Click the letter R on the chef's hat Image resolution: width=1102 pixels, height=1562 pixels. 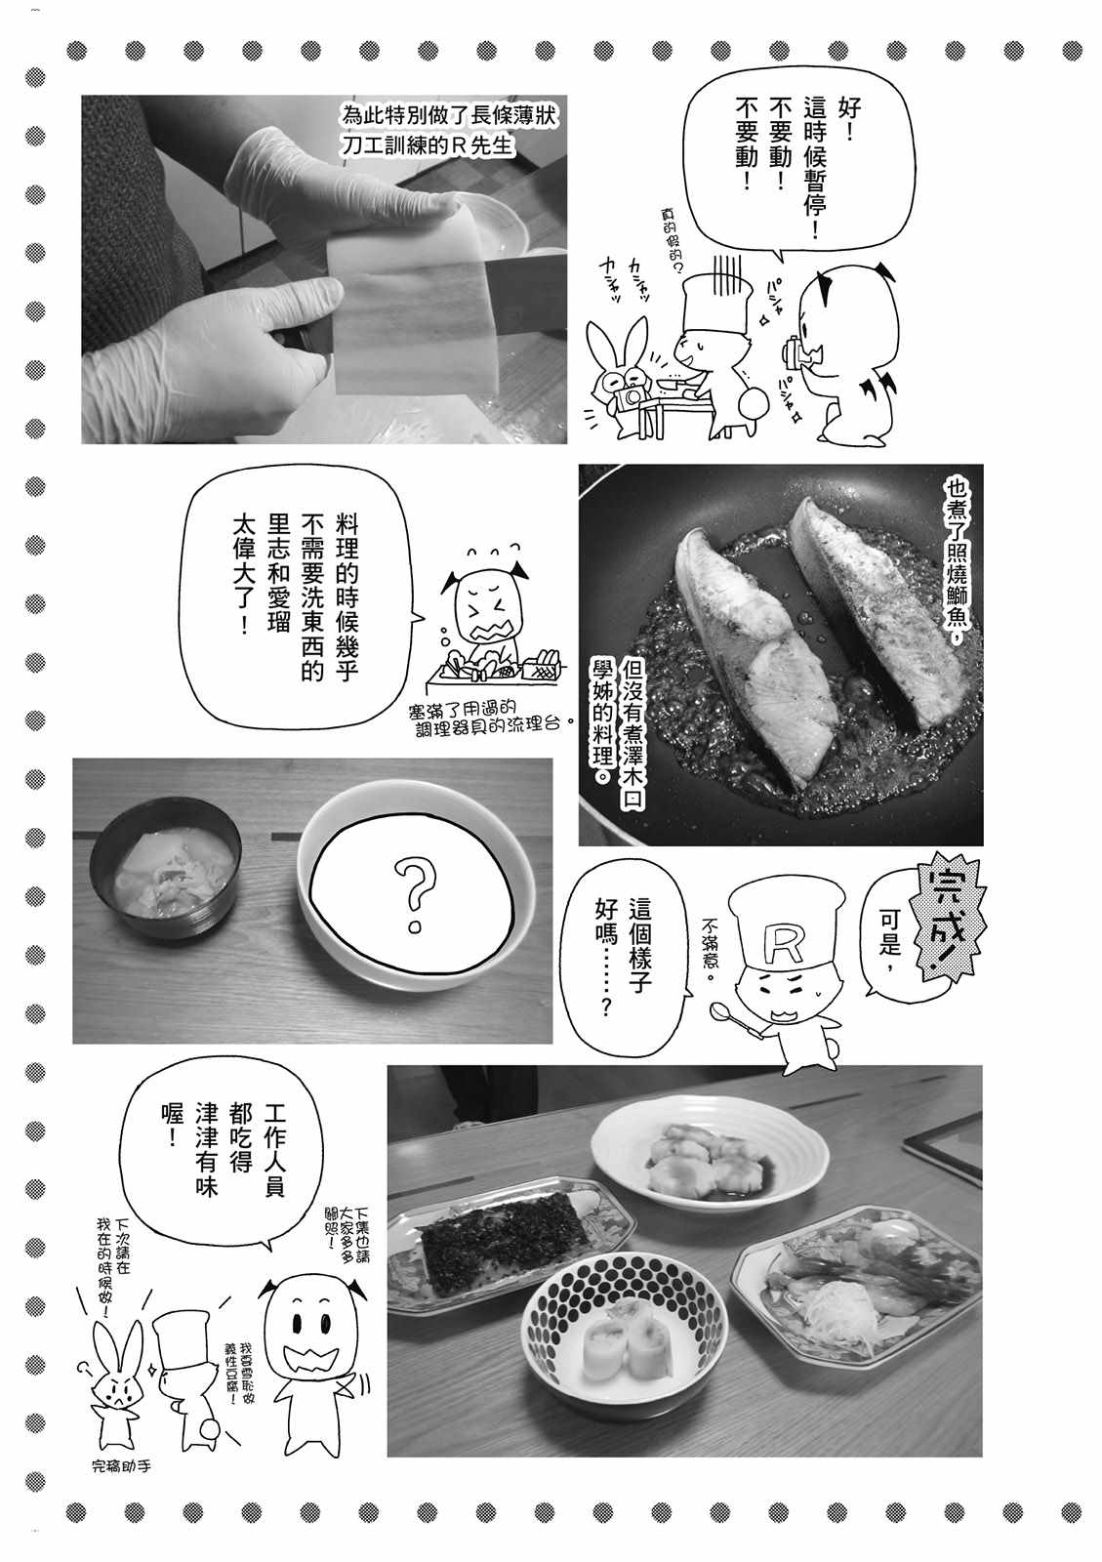(786, 938)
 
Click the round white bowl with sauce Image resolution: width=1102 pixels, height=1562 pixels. (710, 1156)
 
